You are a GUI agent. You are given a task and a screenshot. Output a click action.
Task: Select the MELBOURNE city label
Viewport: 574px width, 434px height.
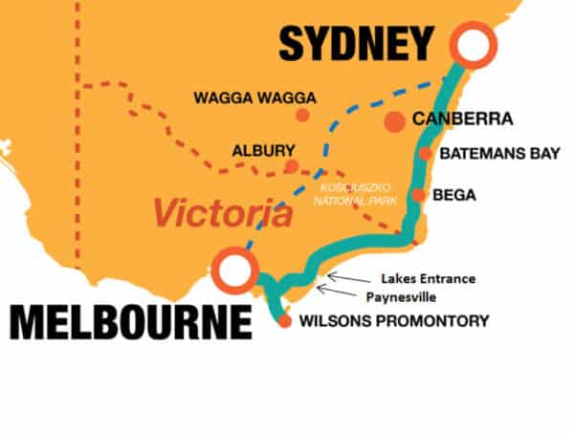(x=131, y=322)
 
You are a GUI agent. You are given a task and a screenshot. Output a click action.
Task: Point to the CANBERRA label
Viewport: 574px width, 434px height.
(x=463, y=120)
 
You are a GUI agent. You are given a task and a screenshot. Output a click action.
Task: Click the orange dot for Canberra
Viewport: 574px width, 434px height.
(x=393, y=121)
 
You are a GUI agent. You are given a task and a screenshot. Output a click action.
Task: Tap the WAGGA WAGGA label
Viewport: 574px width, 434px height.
(x=254, y=97)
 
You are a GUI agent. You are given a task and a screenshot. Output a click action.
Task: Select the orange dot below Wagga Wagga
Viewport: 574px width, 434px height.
(x=302, y=115)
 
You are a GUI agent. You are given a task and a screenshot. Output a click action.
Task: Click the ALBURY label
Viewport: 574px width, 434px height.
(x=263, y=150)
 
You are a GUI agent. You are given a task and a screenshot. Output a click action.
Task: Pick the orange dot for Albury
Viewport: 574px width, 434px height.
(x=292, y=166)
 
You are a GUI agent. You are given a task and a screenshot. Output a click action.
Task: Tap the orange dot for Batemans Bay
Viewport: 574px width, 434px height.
(x=425, y=153)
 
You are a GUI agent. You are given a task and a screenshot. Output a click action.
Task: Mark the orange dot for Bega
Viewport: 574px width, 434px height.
(x=418, y=195)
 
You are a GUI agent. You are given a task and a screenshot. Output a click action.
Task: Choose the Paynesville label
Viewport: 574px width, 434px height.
(x=414, y=297)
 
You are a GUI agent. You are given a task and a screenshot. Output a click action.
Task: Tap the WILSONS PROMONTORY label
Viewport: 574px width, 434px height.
(x=393, y=320)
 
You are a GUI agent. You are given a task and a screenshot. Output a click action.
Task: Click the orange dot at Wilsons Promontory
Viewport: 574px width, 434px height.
(x=284, y=321)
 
